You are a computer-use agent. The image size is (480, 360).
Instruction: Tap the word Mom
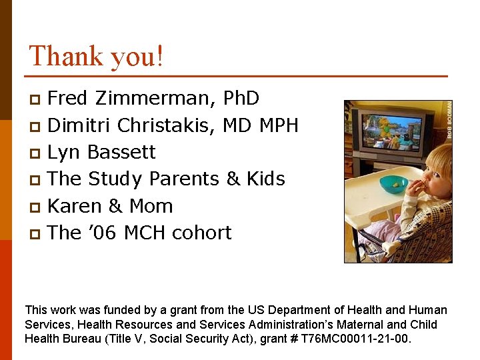tap(151, 206)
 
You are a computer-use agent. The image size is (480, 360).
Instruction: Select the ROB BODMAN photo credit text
tap(449, 120)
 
